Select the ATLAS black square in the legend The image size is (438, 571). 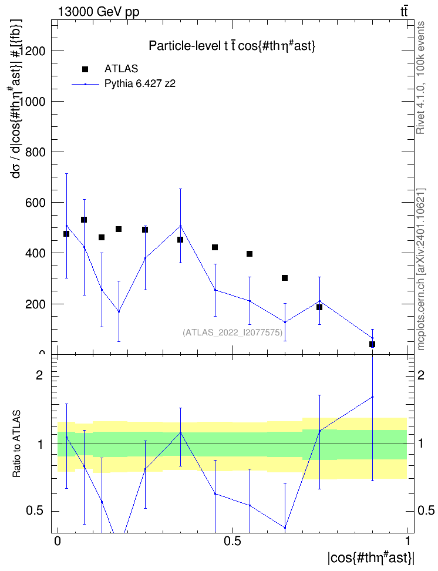coord(85,69)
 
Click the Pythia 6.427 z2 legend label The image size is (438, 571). coord(140,84)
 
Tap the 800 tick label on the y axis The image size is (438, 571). coord(35,152)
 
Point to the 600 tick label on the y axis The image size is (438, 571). coord(35,203)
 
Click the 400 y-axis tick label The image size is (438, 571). coord(35,253)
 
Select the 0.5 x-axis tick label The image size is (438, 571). coord(233,541)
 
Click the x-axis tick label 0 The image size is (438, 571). coord(57,541)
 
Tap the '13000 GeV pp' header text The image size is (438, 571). coord(98,12)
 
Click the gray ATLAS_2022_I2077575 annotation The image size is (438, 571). coord(233,332)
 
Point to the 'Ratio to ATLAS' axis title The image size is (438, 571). coord(16,444)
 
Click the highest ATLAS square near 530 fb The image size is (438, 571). coord(84,220)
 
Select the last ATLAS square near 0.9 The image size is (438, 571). coord(372,344)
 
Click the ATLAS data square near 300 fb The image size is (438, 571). coord(285,278)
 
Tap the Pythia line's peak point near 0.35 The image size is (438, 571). coord(180,226)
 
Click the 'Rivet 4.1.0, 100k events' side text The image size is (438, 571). coord(420,78)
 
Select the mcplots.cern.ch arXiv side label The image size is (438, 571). coord(421,270)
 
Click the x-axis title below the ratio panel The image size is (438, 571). coord(371,558)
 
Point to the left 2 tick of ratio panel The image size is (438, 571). coord(39,375)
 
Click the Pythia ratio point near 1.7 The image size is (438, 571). coord(372,397)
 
